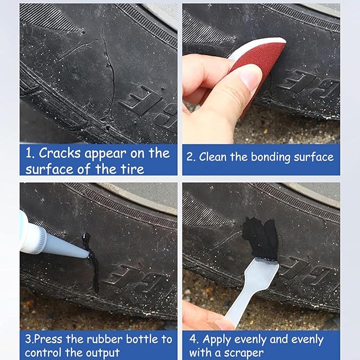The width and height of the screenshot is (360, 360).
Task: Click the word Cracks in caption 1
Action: pos(58,154)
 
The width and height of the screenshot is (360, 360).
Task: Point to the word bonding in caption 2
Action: pos(275,157)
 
